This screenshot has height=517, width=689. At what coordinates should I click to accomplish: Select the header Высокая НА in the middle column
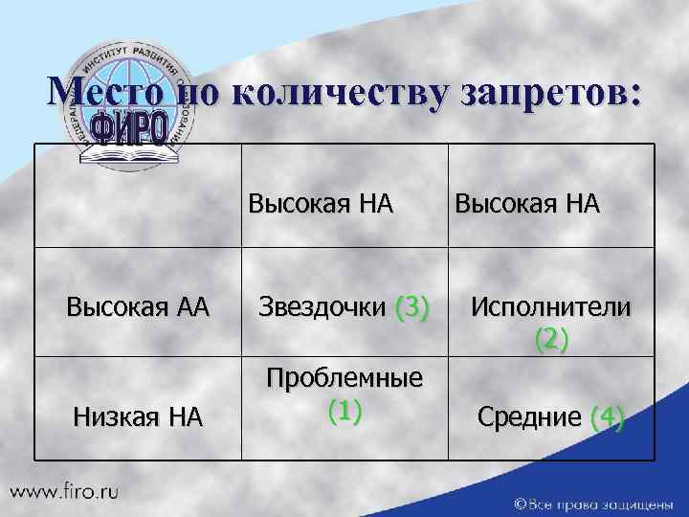coord(322,203)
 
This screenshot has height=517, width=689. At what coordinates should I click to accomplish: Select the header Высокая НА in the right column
coord(527,203)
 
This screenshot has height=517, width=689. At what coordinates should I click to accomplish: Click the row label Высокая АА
coord(138,307)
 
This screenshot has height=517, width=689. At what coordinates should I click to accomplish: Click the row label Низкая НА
coord(138,416)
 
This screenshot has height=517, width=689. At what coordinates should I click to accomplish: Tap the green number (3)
coord(412,307)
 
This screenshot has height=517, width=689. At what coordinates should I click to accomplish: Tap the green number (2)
coord(550,338)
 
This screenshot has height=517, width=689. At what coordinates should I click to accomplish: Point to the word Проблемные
coord(344,378)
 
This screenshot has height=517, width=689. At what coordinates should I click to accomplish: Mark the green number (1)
coord(344,410)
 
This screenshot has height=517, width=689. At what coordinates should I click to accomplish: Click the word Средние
coord(529,416)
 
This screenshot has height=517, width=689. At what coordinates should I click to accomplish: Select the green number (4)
coord(608,416)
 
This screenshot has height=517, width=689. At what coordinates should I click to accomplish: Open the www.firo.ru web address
coord(66,491)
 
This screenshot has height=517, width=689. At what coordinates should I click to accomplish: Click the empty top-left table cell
coord(138,195)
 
